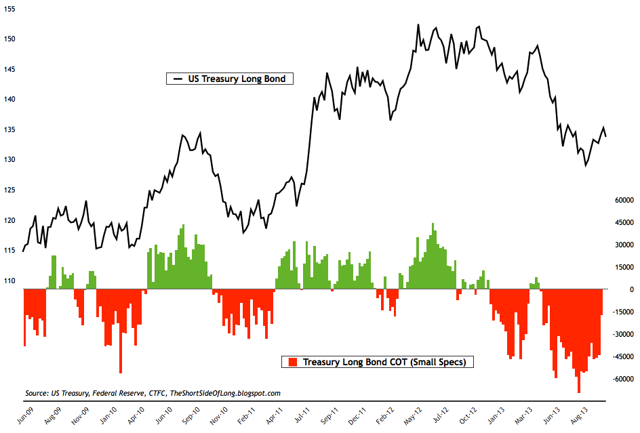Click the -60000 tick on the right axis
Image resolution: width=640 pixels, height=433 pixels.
(x=620, y=379)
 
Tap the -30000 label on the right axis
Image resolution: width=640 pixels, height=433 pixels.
(x=620, y=335)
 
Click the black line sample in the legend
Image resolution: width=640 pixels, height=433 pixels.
(x=178, y=79)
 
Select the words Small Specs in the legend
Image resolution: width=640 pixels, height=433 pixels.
(x=441, y=363)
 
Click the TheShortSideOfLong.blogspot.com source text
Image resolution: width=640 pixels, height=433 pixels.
(x=224, y=393)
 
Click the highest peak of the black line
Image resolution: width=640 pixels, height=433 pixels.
(x=418, y=25)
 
